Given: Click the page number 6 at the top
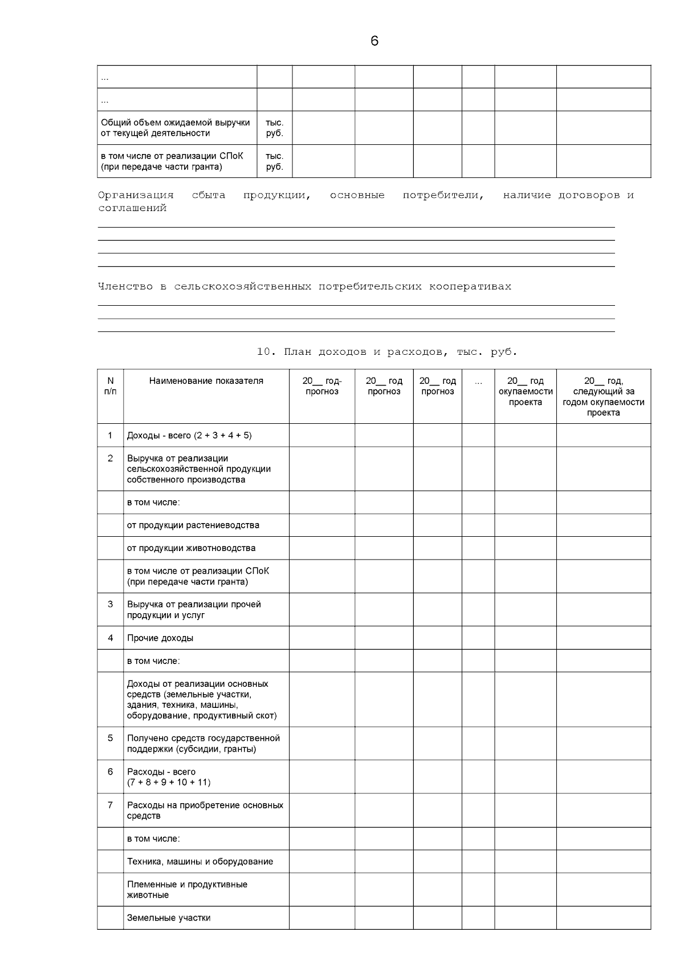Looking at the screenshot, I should (374, 41).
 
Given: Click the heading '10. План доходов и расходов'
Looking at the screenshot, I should (386, 352).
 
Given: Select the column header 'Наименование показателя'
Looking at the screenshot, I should (206, 381).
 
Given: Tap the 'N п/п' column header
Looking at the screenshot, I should (110, 386).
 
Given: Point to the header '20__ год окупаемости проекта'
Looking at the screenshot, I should (525, 391).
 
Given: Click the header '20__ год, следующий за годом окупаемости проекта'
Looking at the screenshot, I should (603, 396).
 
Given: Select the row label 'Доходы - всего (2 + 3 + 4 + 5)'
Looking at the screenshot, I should (189, 436).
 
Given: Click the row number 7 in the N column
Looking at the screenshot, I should (110, 805).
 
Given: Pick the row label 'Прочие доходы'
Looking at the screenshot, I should (160, 638).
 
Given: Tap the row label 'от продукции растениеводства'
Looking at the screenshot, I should (193, 525).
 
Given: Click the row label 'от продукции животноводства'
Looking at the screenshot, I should (191, 548).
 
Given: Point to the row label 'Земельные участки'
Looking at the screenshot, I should (169, 918).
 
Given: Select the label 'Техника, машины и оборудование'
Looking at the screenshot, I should (199, 862).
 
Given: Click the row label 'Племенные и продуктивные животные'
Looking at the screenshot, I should (187, 890).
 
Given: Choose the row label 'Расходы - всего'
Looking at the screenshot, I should (161, 772).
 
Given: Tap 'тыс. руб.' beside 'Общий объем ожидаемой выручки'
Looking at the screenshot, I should (274, 128).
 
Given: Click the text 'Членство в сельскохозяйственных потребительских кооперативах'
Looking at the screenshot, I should (304, 287).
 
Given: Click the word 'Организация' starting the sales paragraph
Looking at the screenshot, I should (136, 196).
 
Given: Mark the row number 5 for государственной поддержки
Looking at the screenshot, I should (110, 738).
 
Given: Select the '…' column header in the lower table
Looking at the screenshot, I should (478, 381).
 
